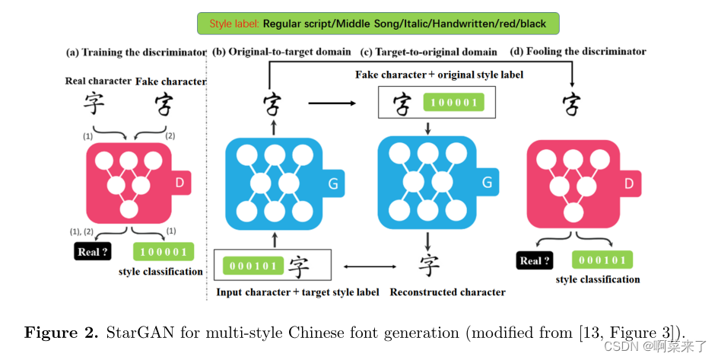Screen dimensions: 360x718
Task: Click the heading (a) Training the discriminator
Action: pyautogui.click(x=136, y=53)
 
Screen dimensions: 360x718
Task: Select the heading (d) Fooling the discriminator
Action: pyautogui.click(x=578, y=52)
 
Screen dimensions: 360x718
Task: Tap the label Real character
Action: pyautogui.click(x=99, y=81)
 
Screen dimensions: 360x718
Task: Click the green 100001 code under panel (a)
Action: pyautogui.click(x=163, y=252)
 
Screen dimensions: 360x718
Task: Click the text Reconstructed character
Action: pyautogui.click(x=447, y=292)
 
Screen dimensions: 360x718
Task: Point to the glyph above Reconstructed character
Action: pyautogui.click(x=430, y=266)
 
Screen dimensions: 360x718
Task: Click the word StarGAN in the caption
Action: pyautogui.click(x=132, y=333)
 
